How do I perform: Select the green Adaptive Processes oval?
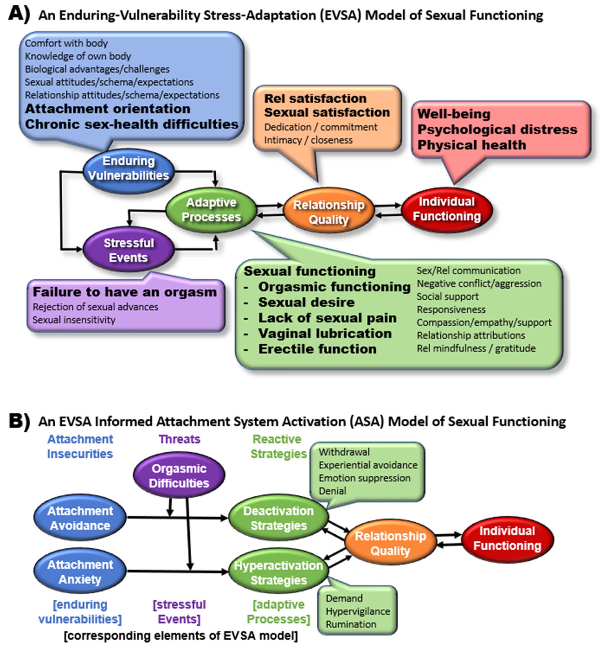click(211, 210)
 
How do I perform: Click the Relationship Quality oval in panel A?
click(328, 212)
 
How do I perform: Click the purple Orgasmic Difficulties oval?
click(179, 476)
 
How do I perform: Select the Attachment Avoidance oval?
click(80, 518)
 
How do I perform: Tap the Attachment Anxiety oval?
click(80, 572)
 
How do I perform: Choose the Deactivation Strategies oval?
click(278, 518)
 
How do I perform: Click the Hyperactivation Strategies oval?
click(278, 572)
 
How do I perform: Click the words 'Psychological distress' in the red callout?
click(497, 129)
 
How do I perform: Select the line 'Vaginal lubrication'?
click(325, 333)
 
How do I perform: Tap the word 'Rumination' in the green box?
click(351, 624)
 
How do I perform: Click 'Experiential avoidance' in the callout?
click(368, 465)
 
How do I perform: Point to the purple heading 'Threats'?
click(179, 439)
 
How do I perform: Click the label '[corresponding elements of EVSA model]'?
click(180, 635)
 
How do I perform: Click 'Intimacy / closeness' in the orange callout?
click(308, 140)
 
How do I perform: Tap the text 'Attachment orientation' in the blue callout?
click(108, 109)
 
